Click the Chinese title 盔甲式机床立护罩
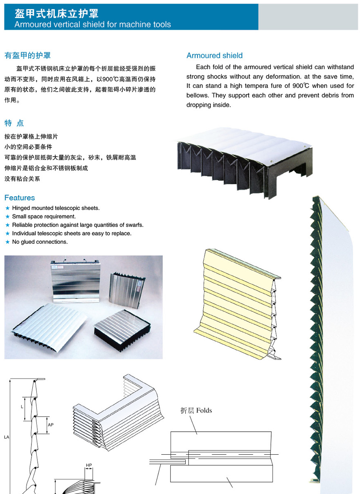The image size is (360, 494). [x=56, y=14]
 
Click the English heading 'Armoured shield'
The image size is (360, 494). [x=214, y=56]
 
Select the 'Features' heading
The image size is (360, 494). [x=20, y=198]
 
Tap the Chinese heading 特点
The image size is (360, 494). [x=14, y=123]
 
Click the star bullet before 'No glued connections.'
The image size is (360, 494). [x=7, y=242]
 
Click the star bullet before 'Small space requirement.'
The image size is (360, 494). [x=7, y=217]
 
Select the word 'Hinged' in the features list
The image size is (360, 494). [x=21, y=208]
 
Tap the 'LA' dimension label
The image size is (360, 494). [x=7, y=437]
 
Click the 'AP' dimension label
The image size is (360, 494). [x=51, y=425]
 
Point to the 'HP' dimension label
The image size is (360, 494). [x=89, y=465]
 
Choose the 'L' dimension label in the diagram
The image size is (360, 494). [x=22, y=407]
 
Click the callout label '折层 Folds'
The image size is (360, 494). [x=196, y=410]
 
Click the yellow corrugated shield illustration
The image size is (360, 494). [x=237, y=303]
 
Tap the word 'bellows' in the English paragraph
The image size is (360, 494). [x=198, y=95]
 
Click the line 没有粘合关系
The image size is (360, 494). [x=22, y=179]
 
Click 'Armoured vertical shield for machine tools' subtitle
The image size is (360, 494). [x=93, y=24]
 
